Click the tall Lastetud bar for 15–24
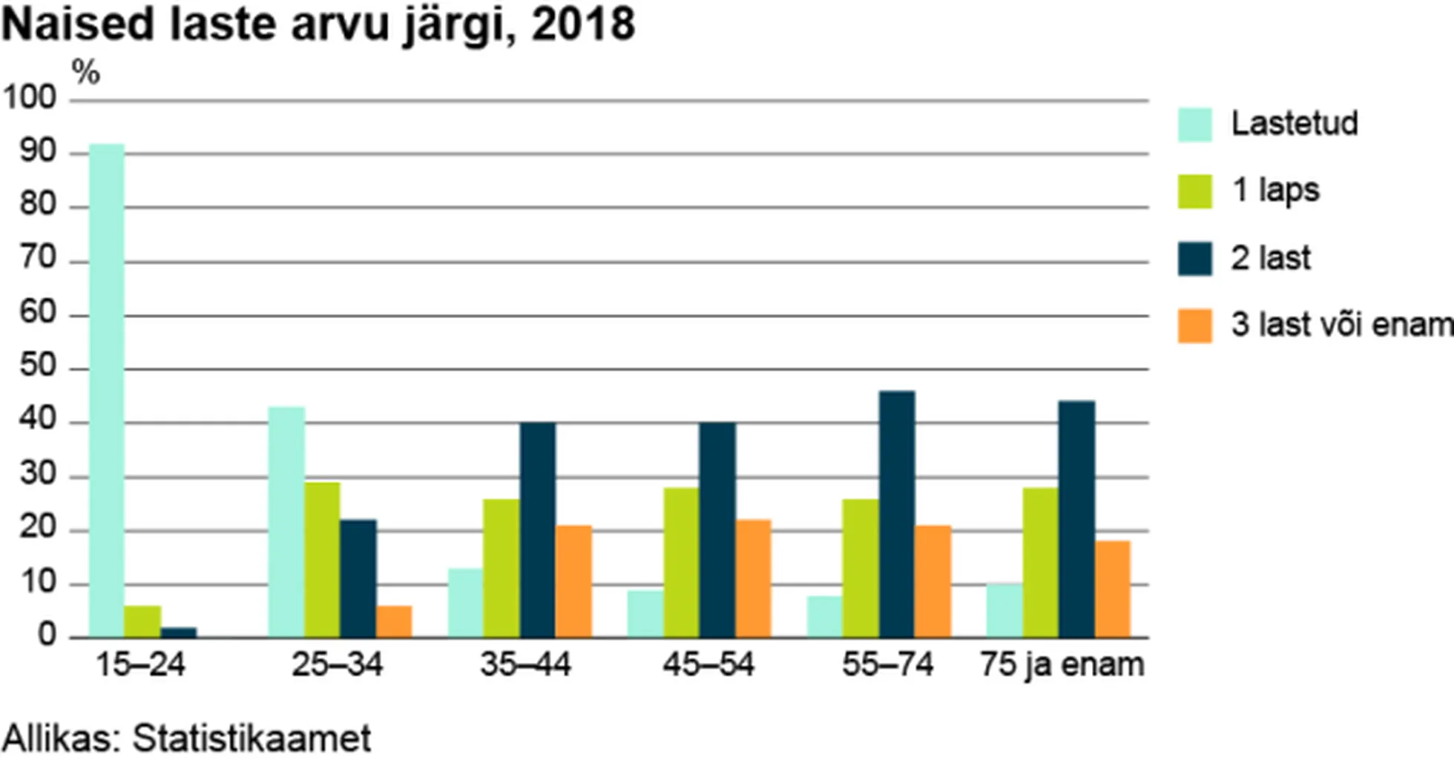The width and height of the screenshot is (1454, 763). (x=107, y=391)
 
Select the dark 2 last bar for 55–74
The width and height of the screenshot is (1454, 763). (x=897, y=515)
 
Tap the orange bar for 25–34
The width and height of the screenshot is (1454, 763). (x=394, y=622)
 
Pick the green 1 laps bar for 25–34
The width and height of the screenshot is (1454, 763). (x=322, y=560)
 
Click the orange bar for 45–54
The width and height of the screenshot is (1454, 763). (x=754, y=579)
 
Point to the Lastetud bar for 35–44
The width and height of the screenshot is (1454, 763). (x=465, y=603)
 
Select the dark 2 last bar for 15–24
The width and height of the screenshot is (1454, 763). (x=179, y=632)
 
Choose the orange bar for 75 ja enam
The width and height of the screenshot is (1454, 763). (x=1113, y=589)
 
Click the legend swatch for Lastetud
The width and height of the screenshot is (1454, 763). (x=1194, y=125)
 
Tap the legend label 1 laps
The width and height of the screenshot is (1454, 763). (x=1275, y=191)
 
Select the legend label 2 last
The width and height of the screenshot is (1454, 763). (x=1271, y=258)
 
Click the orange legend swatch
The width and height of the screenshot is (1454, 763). (x=1194, y=326)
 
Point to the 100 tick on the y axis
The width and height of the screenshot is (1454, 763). (x=30, y=98)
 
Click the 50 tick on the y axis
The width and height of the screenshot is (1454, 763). (x=38, y=366)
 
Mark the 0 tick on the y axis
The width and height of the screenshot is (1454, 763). (x=47, y=635)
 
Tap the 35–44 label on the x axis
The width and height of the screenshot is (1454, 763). (x=525, y=664)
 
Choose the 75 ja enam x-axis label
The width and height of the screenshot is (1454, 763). (x=1062, y=664)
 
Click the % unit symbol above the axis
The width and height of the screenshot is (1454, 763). (x=85, y=73)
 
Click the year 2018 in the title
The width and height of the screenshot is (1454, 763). (x=583, y=24)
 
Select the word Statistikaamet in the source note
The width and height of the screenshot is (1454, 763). (x=251, y=739)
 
